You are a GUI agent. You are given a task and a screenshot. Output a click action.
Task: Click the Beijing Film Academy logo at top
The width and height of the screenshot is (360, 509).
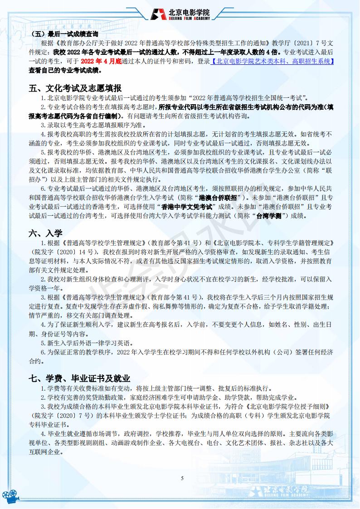[183, 14]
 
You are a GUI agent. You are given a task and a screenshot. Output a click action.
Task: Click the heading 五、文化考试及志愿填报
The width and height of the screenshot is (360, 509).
[75, 87]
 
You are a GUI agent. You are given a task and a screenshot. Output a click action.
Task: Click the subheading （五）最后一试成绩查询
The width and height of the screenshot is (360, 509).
[66, 34]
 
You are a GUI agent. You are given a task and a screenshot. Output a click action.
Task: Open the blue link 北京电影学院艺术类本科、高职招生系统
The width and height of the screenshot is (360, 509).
[272, 61]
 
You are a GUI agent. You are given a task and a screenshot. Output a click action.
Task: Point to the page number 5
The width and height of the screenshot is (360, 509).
[181, 478]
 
